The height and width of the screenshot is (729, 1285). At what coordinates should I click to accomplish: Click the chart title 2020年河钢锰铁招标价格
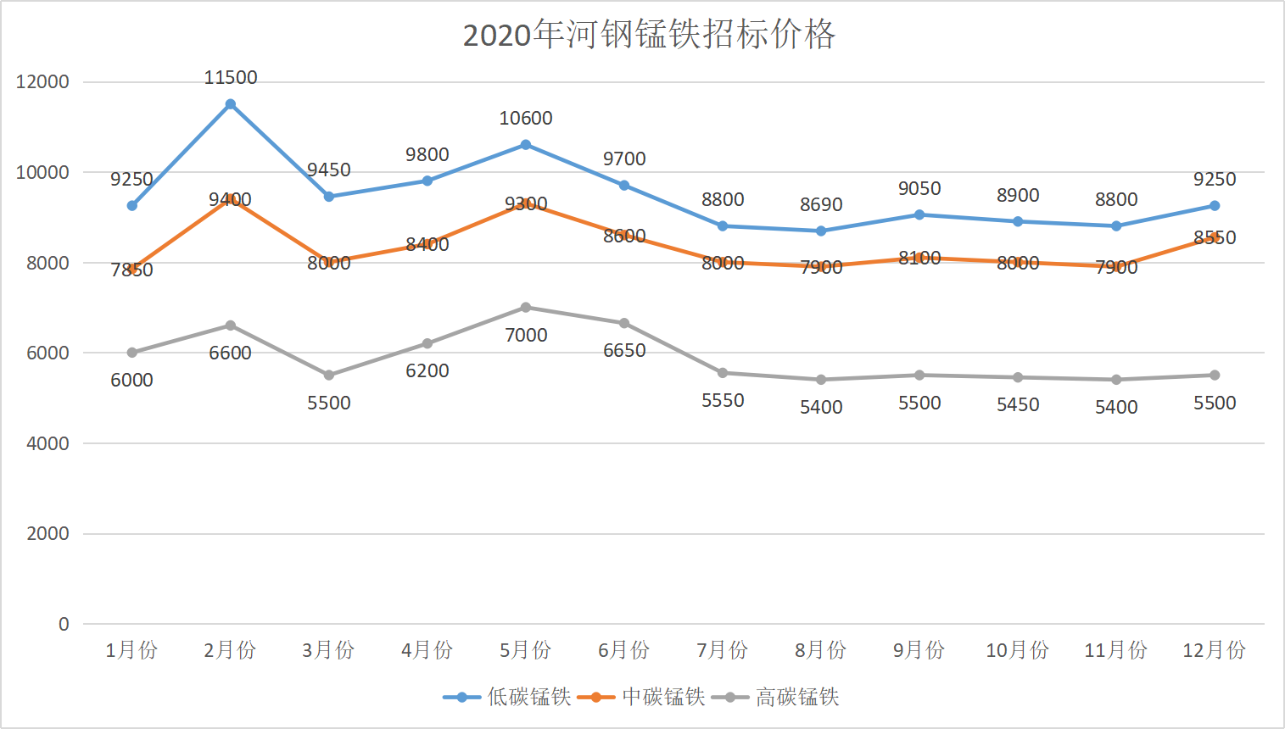pos(649,35)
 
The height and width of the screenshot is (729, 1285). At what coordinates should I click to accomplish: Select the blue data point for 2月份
pos(231,104)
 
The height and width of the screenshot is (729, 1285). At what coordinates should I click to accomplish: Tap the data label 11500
pos(231,78)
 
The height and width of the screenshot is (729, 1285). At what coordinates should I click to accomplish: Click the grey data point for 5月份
pos(526,308)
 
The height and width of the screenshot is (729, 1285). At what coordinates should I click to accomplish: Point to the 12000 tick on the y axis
pos(42,82)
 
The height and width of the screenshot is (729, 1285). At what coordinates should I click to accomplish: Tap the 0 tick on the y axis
pos(64,625)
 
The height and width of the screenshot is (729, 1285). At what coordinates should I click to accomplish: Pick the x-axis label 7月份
pos(723,650)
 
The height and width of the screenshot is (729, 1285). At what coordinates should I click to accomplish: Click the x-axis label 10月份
pos(1018,650)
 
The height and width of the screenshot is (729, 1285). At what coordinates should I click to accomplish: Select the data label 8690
pos(821,205)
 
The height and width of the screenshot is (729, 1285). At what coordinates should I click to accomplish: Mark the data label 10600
pos(526,119)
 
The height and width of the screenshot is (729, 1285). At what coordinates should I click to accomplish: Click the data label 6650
pos(624,351)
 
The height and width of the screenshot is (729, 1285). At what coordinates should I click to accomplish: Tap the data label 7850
pos(131,270)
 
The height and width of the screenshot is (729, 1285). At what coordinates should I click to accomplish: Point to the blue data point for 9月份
pos(919,215)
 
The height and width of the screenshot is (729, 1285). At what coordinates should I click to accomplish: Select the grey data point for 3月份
pos(329,376)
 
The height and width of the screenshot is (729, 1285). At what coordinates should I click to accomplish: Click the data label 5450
pos(1018,405)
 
